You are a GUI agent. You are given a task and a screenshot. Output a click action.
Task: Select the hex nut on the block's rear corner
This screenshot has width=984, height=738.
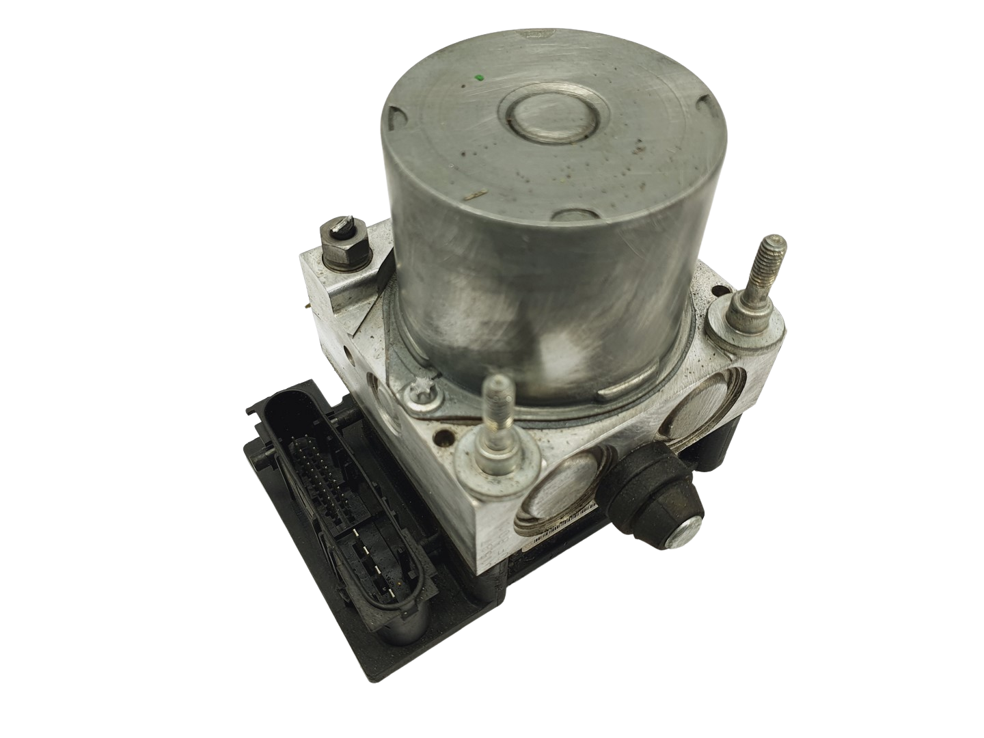click(340, 240)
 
